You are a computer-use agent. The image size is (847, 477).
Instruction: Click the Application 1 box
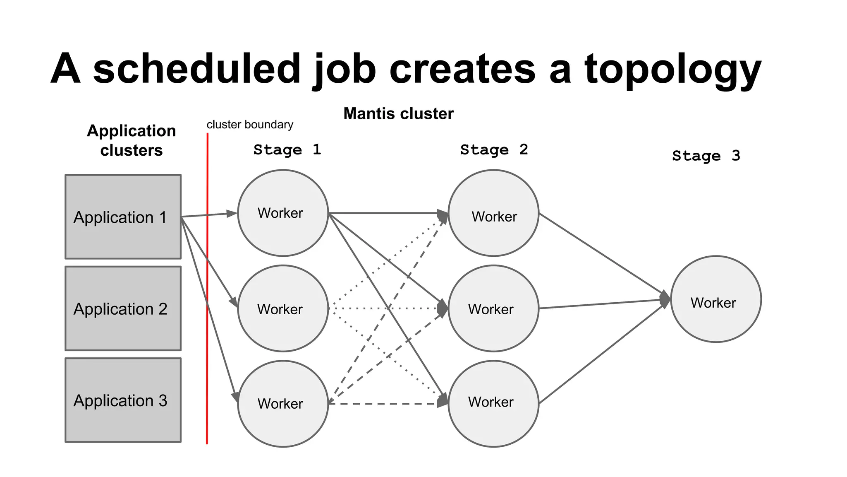point(123,217)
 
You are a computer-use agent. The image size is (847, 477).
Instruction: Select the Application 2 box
point(123,308)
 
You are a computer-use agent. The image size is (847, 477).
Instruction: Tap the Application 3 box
point(123,400)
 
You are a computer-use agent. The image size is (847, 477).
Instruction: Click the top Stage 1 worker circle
point(283,213)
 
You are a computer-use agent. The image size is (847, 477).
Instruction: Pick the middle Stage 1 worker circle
point(283,308)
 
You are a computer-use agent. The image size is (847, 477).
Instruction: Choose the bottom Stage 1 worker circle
point(283,404)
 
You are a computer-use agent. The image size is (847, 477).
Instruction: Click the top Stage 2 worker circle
point(493,213)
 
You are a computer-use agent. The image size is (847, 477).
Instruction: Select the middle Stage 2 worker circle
point(493,308)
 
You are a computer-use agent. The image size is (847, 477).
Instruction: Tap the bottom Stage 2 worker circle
point(493,404)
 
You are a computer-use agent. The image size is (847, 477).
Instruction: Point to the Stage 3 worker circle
point(715,299)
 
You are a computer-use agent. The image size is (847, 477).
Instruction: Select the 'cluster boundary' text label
point(250,125)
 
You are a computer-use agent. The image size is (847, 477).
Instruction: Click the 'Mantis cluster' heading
point(398,113)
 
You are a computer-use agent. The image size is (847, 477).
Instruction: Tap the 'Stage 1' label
point(287,149)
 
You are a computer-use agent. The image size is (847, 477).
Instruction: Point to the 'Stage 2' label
point(494,149)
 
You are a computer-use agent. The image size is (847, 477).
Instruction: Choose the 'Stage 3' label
point(706,156)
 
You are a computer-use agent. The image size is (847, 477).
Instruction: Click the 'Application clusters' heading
point(131,140)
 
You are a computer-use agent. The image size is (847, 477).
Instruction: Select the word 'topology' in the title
point(672,70)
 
